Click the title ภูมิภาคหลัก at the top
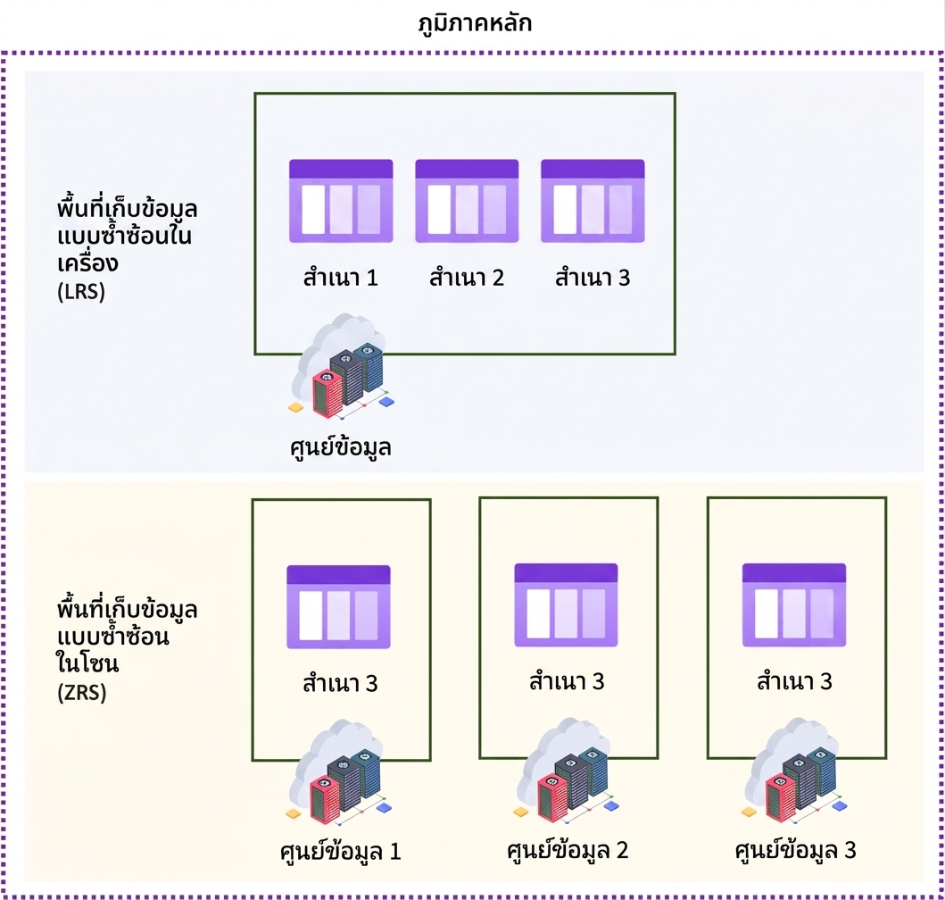coord(475,24)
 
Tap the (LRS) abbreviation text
coord(81,292)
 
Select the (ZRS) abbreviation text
coord(82,692)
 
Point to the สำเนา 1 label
coord(341,278)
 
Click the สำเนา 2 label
coord(467,278)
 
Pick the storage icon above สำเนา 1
coord(341,201)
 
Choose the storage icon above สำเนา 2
coord(467,201)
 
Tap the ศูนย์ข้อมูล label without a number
coord(341,447)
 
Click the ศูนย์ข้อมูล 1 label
coord(341,851)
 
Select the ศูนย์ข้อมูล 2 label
coord(568,850)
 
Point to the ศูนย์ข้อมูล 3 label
coord(796,850)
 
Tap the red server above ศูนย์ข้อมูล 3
coord(781,797)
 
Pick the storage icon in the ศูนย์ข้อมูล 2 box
coord(566,605)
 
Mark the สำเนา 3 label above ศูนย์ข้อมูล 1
coord(341,683)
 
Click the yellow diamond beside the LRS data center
coord(295,408)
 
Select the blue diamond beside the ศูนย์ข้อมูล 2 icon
coord(611,806)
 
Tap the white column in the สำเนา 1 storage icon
coord(313,209)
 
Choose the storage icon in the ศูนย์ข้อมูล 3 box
coord(793,605)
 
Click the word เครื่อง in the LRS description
coord(88,263)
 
